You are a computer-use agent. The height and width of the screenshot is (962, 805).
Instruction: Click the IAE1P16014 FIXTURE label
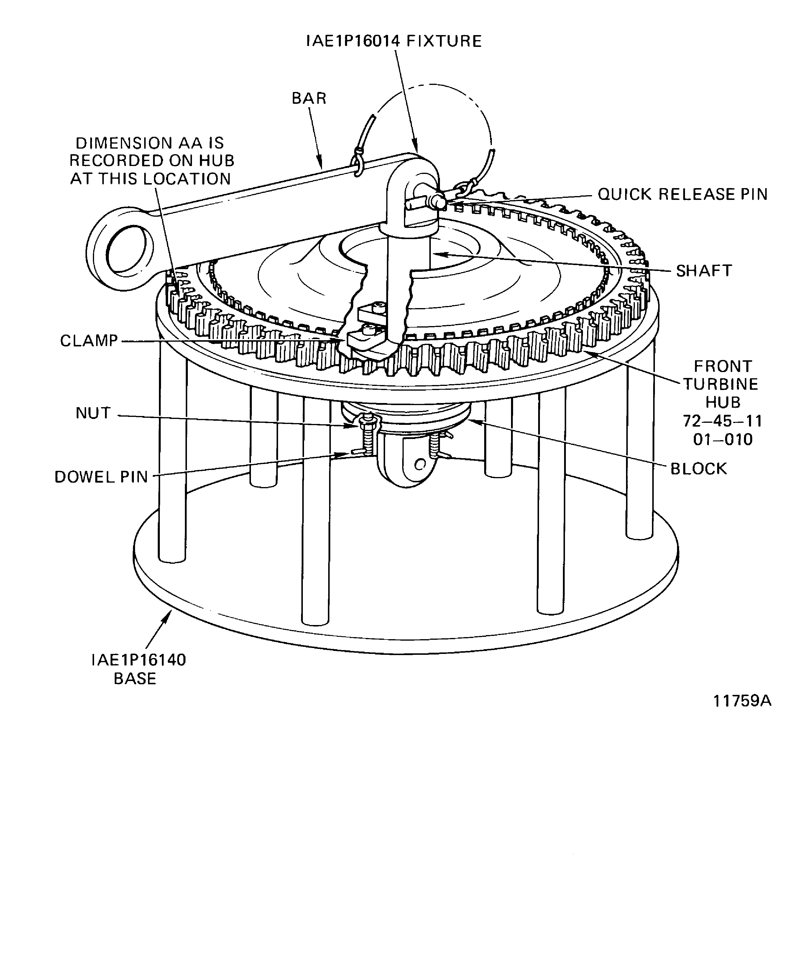394,42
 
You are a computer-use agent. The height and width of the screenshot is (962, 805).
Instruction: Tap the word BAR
309,98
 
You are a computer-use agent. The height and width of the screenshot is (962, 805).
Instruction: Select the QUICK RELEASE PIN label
683,195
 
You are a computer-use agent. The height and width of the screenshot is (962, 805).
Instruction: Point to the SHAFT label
704,271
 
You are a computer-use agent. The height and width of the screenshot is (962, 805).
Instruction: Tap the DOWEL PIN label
101,477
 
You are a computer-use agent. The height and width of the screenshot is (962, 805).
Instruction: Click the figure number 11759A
742,701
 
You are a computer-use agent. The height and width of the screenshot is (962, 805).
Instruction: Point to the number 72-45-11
722,421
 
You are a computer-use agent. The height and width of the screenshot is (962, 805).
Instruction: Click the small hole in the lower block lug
420,465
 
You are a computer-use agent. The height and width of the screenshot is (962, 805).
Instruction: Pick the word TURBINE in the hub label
721,384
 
